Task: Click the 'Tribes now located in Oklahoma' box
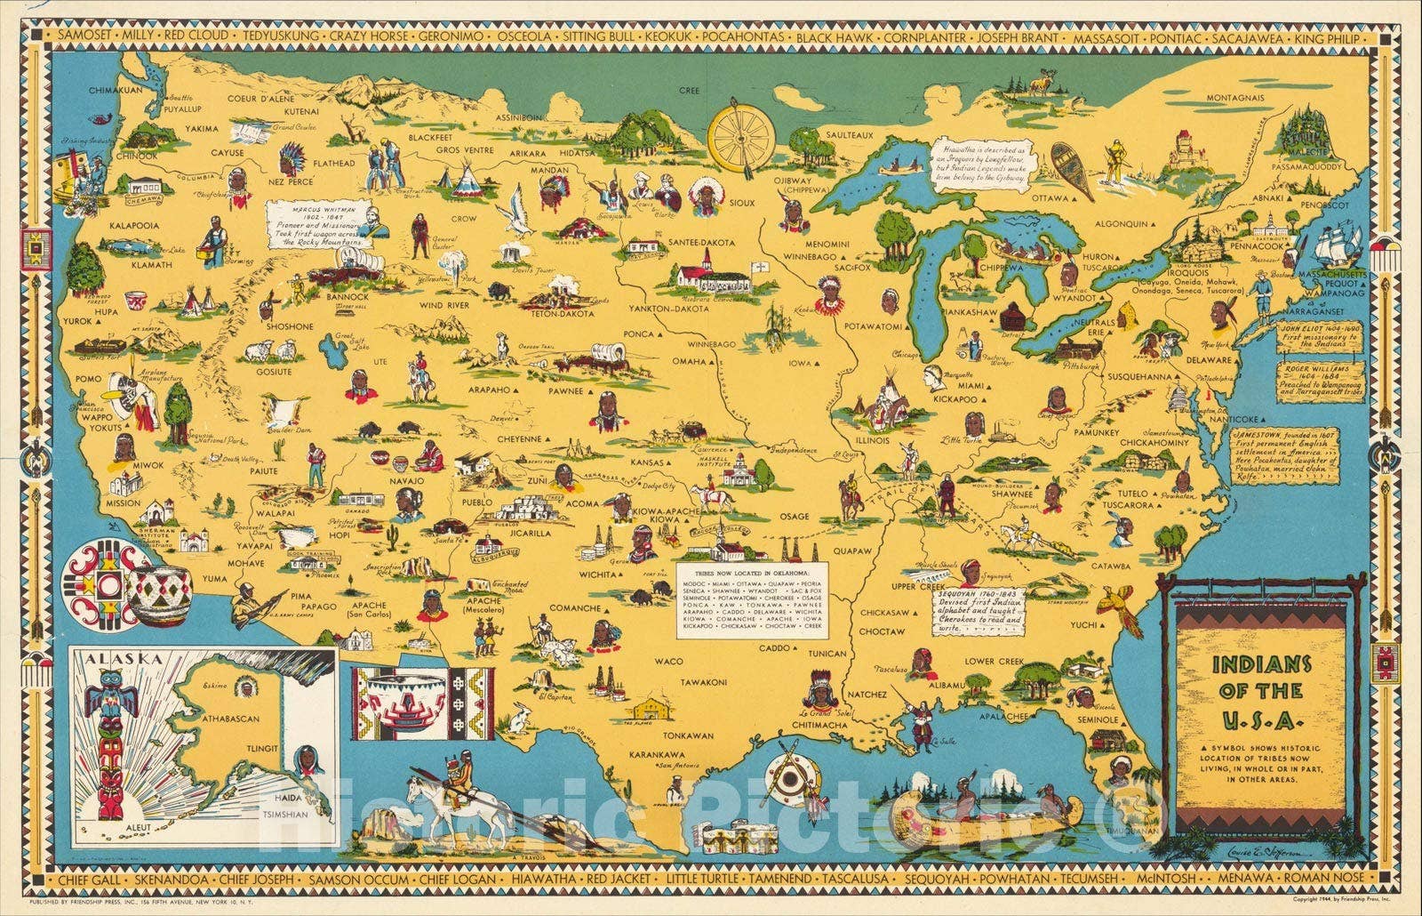coord(752,598)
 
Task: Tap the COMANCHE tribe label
coord(574,609)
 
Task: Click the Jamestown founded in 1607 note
coord(1297,454)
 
